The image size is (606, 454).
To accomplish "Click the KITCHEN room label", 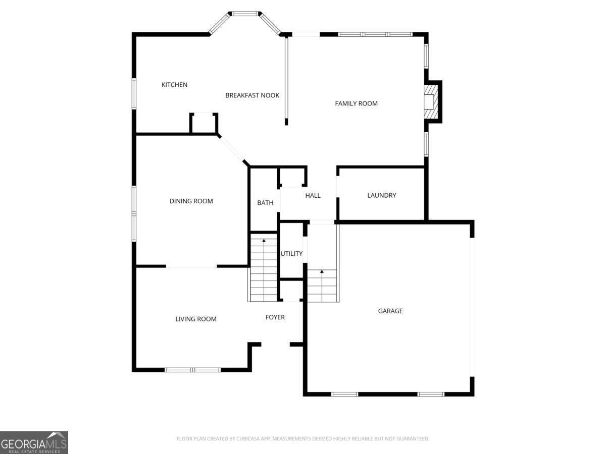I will [x=174, y=85].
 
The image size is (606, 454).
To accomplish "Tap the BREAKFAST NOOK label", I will [x=252, y=95].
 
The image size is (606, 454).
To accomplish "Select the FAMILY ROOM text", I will [x=356, y=103].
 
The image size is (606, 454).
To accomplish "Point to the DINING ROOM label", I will [x=191, y=201].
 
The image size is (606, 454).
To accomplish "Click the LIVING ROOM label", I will [x=196, y=319].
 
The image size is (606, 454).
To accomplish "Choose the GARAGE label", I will [x=390, y=311].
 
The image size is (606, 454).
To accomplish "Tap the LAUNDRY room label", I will [x=381, y=195].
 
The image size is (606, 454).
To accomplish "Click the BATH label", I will [x=265, y=203].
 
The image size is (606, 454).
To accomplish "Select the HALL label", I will [x=313, y=196].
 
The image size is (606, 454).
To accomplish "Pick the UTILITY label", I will [x=291, y=254].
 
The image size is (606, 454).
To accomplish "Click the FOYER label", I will [x=275, y=317].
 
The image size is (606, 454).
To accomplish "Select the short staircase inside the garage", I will [x=322, y=286].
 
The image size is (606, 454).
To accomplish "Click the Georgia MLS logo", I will [x=34, y=442].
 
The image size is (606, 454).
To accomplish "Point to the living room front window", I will [x=192, y=370].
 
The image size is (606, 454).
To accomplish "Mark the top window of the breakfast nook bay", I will [x=244, y=14].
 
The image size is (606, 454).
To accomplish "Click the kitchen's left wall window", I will [x=134, y=93].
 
